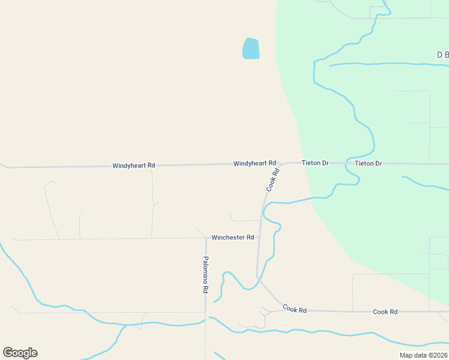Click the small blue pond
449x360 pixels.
251,49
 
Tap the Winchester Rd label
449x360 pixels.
233,238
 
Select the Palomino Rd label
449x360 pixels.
205,274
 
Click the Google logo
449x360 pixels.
20,353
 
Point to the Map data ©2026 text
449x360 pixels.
424,355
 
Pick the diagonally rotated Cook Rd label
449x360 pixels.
273,179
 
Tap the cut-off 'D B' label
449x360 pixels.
442,55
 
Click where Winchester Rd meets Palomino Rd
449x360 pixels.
206,238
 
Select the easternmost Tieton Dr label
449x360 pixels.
368,163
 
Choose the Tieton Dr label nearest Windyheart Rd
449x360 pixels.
316,163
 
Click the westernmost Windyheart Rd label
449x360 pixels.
134,165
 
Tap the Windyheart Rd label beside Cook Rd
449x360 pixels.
255,163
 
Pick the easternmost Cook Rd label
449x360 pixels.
385,311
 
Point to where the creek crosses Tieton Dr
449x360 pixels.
347,163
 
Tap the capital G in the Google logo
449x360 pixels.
8,353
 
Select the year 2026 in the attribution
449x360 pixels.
439,355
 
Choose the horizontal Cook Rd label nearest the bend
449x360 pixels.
295,310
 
